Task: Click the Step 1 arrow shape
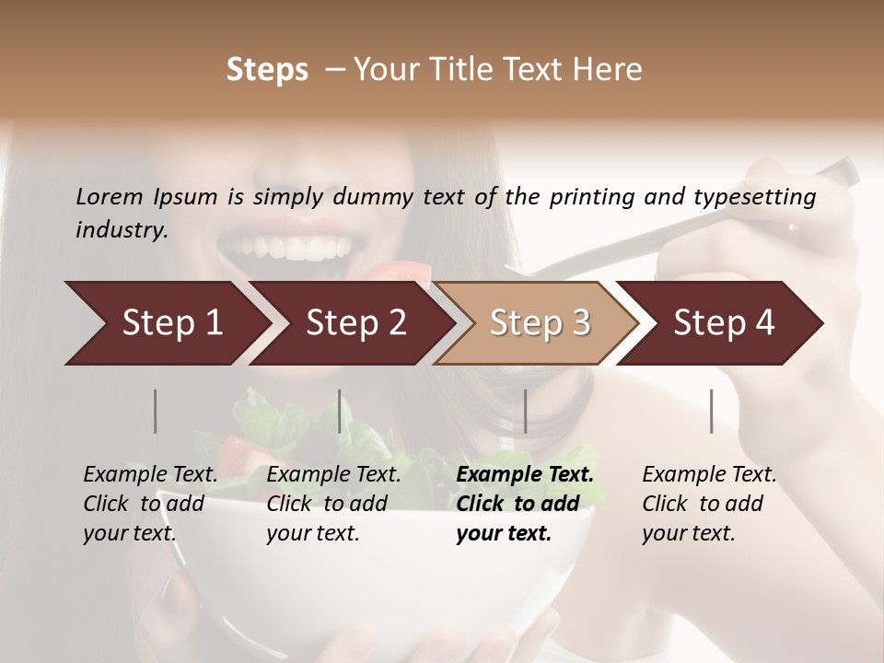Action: point(166,323)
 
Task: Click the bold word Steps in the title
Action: point(267,70)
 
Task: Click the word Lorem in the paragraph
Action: point(109,196)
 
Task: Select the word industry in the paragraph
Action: point(121,230)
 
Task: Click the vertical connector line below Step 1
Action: point(156,411)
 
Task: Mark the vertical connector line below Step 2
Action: point(340,411)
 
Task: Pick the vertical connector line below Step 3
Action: point(526,411)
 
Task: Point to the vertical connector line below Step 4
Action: point(712,411)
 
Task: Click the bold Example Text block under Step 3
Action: point(524,504)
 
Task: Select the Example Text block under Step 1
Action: point(150,504)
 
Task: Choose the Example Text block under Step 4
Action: point(708,504)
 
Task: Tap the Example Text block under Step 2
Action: point(333,504)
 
